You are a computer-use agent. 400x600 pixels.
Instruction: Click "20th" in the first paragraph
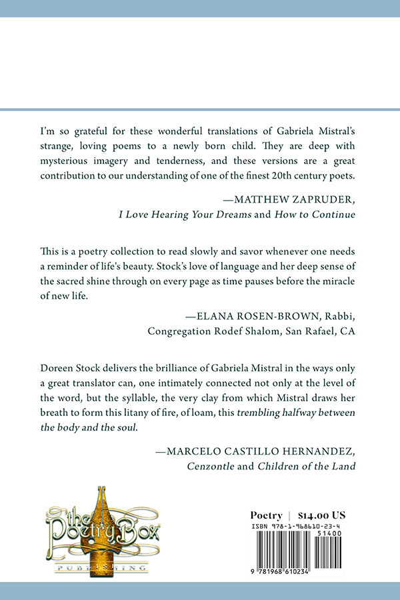coord(284,175)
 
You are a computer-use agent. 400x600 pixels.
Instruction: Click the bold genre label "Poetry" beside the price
coord(266,515)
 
